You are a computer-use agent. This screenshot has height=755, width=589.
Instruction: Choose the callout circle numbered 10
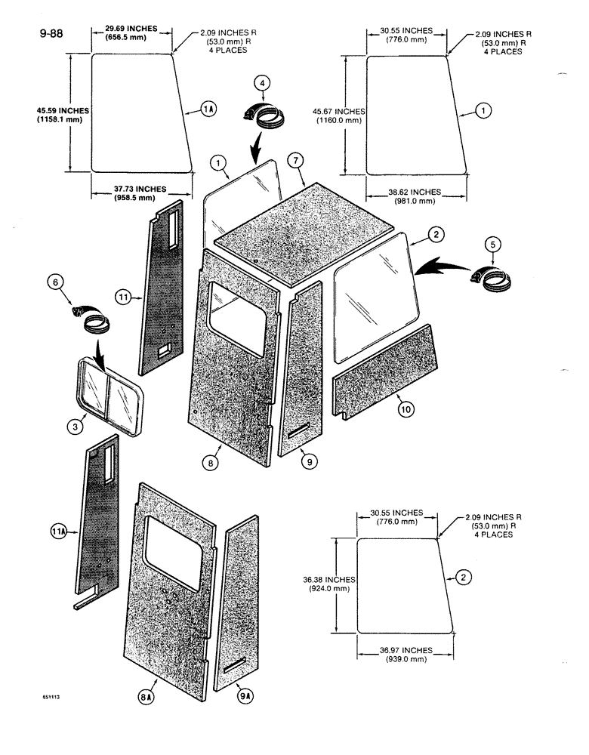(x=406, y=410)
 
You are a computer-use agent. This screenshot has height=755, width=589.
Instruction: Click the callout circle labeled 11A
(x=59, y=534)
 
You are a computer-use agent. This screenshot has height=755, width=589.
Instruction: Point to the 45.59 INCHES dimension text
(x=63, y=110)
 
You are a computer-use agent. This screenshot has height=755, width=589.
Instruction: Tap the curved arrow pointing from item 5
(x=441, y=265)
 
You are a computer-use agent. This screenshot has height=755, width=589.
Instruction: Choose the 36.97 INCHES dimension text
(x=407, y=650)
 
